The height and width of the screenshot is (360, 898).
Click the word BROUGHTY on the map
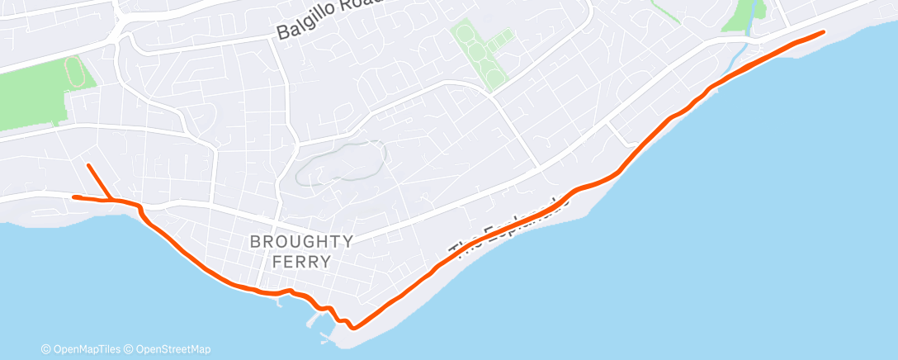pos(301,242)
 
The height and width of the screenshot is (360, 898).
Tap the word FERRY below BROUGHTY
pos(301,262)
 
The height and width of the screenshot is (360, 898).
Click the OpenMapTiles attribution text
pos(87,349)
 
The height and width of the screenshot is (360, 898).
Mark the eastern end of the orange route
pos(823,32)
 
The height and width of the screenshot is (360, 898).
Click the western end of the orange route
pos(74,197)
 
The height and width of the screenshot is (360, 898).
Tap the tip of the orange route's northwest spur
pos(88,165)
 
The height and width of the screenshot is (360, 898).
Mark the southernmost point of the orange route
pos(354,328)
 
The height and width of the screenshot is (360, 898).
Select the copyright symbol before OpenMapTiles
pos(45,349)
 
